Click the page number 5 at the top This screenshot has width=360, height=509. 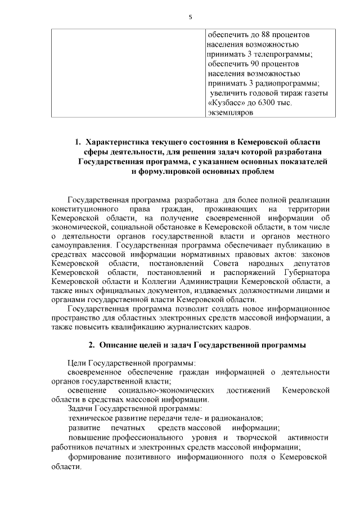click(191, 17)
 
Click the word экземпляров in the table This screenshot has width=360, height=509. click(231, 112)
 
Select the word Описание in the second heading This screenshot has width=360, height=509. click(120, 344)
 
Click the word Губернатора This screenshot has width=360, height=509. click(306, 273)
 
